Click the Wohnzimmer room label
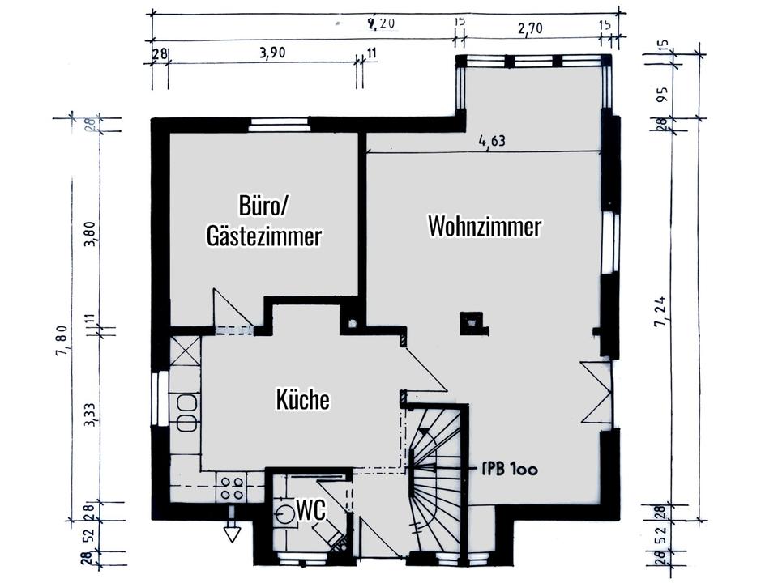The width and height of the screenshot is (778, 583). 485,227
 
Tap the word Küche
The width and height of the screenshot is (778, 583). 303,399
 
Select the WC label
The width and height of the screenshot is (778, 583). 311,510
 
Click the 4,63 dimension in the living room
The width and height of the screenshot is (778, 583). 492,142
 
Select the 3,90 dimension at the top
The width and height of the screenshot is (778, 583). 273,53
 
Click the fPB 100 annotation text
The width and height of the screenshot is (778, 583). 510,469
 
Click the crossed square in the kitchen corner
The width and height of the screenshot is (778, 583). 186,352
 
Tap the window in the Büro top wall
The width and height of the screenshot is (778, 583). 278,124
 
